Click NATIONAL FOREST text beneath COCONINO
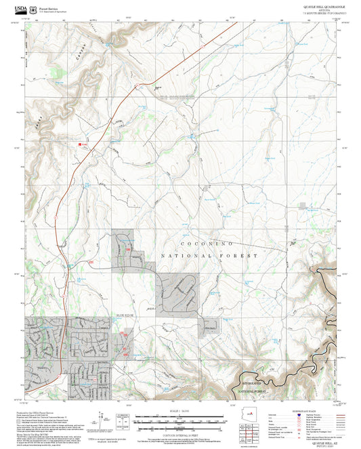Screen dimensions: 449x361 (209, 256)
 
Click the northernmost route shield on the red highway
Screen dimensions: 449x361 (135, 86)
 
